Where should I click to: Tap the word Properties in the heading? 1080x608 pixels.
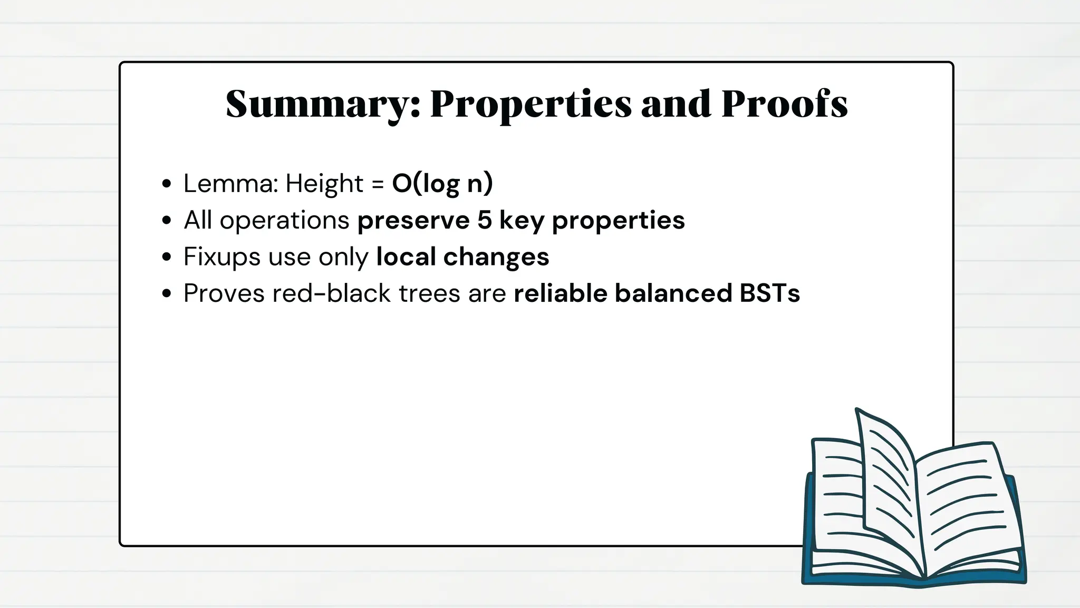(531, 104)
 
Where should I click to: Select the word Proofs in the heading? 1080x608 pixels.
(784, 104)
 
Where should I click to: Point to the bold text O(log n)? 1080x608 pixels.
(442, 184)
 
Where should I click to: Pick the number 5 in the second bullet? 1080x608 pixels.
(485, 220)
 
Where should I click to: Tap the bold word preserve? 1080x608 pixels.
(413, 220)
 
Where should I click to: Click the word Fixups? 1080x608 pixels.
(221, 257)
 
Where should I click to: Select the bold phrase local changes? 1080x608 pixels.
(462, 257)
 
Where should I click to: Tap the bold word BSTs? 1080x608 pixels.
(769, 293)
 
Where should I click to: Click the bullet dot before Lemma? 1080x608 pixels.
(167, 184)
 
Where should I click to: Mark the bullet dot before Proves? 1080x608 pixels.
(167, 294)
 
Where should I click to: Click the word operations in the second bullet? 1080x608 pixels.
(284, 221)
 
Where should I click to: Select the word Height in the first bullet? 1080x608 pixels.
(324, 184)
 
